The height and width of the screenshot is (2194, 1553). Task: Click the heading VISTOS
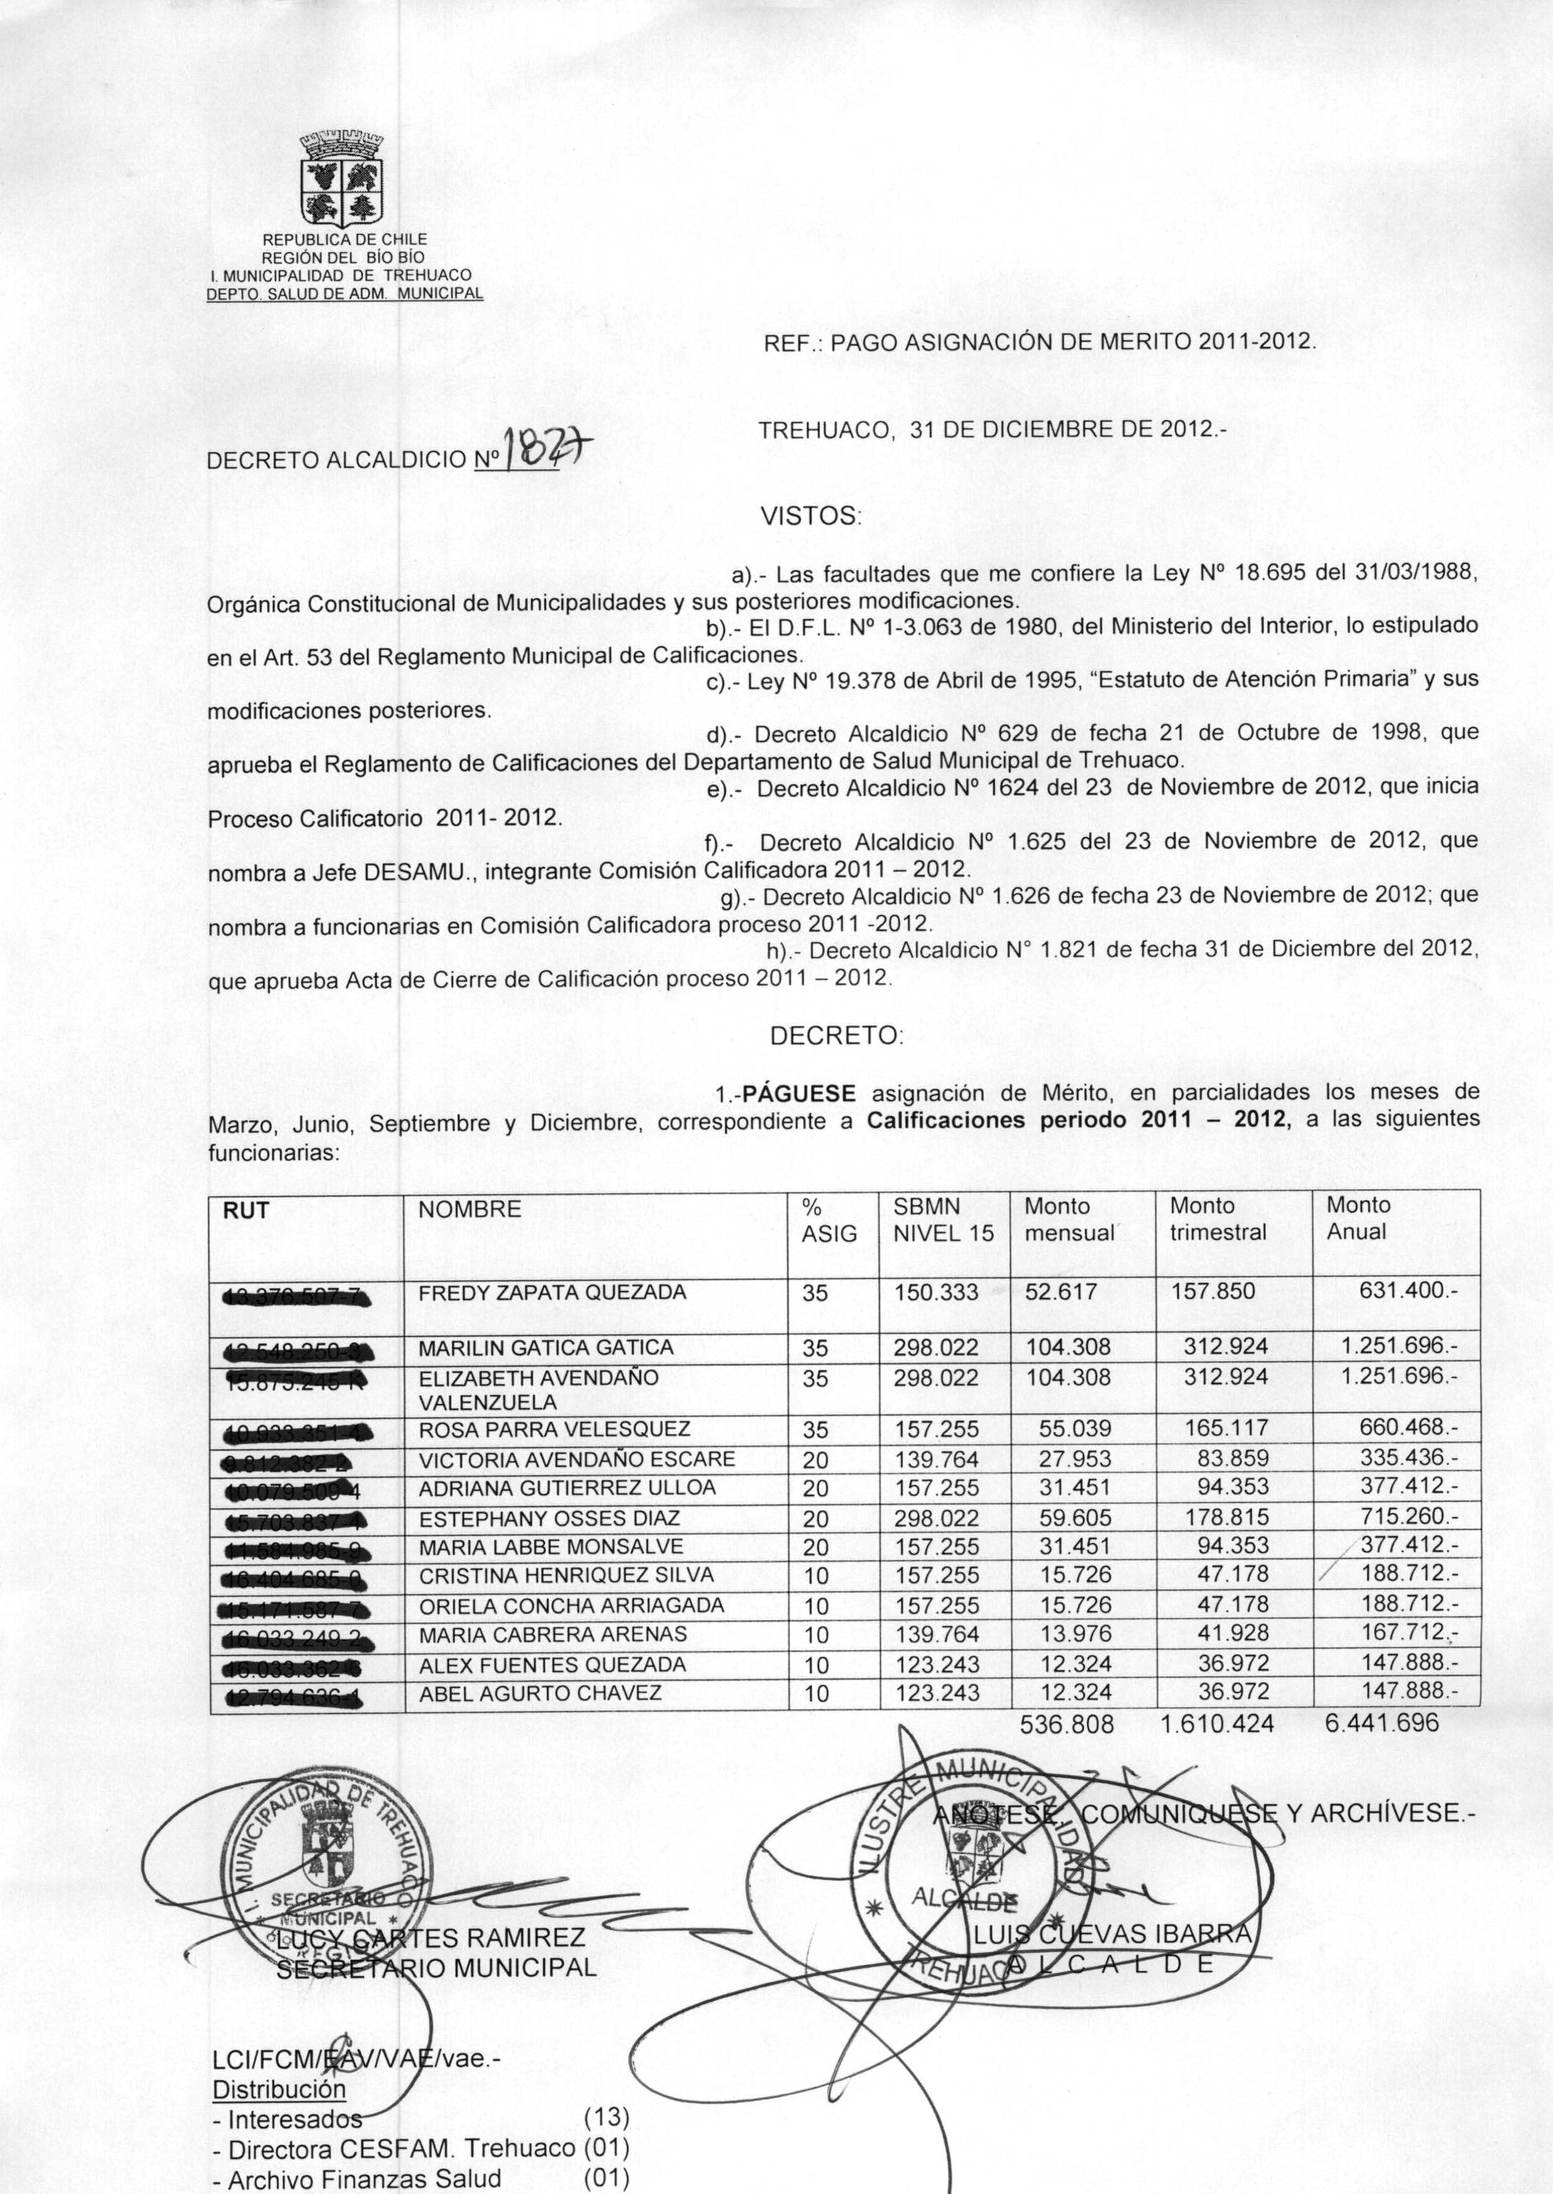[811, 517]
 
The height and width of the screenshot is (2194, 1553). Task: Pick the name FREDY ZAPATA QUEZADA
[553, 1292]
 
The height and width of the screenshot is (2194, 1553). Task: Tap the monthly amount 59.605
[1076, 1518]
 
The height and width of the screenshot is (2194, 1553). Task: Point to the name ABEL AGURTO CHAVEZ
[540, 1693]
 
